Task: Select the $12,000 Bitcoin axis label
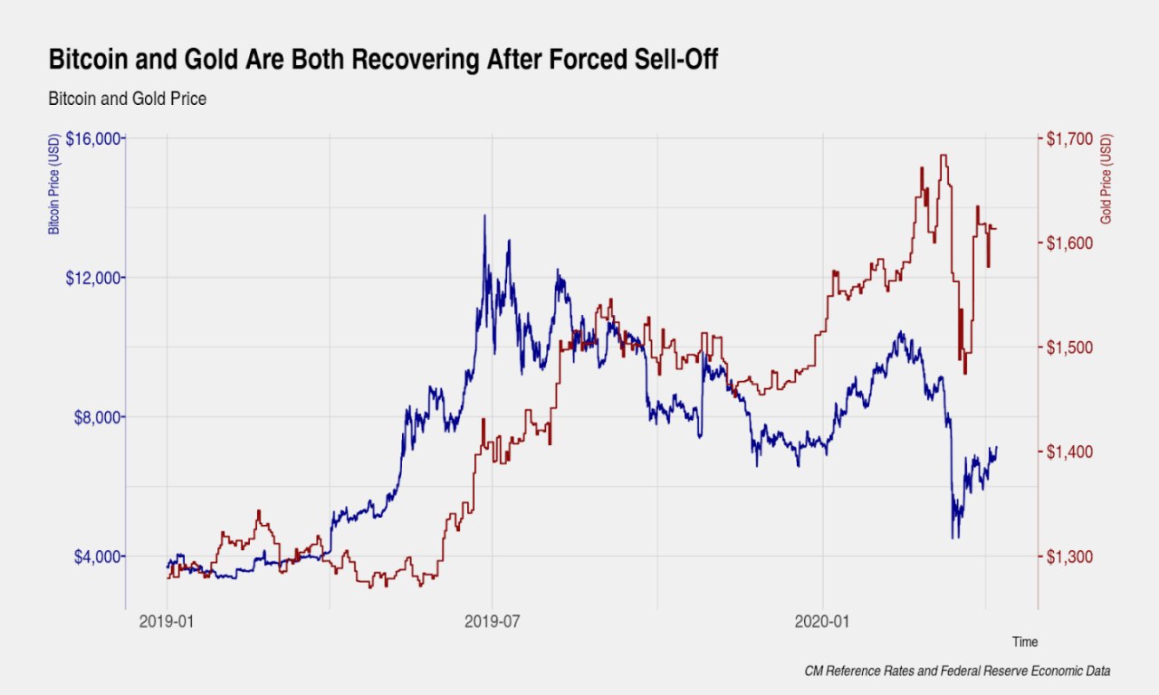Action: [x=94, y=278]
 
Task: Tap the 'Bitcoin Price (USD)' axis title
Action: [x=54, y=186]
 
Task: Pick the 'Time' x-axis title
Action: [x=1025, y=642]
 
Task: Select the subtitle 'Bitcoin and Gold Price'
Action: [x=128, y=99]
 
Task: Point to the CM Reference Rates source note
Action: [x=957, y=671]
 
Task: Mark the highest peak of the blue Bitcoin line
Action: [x=484, y=216]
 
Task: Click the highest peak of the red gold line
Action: [x=943, y=156]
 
